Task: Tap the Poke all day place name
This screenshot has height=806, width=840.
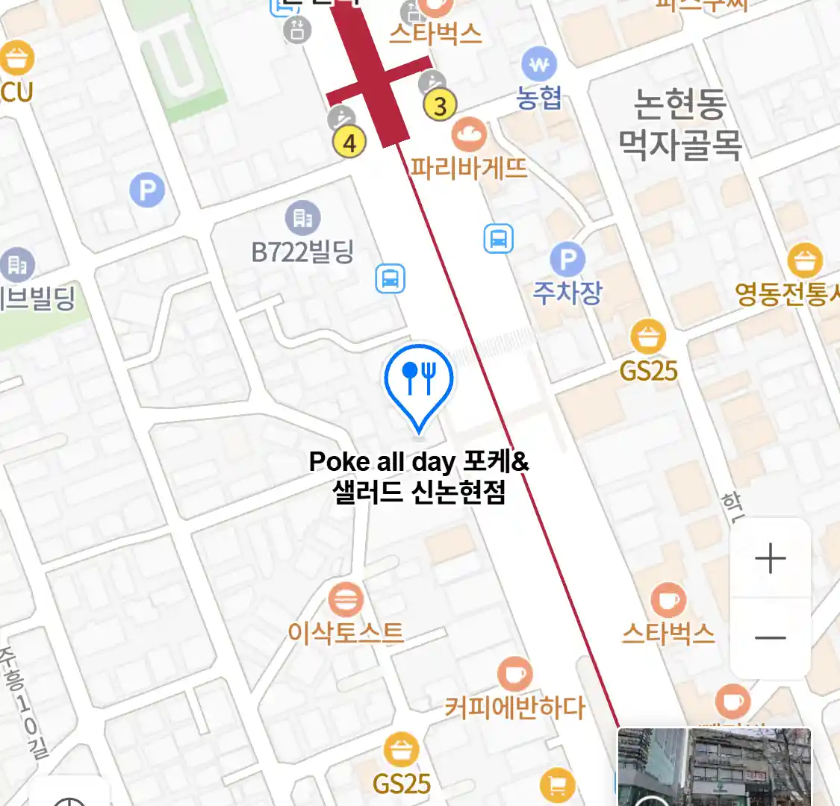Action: [x=419, y=476]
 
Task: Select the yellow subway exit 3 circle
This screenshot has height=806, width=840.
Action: [x=440, y=106]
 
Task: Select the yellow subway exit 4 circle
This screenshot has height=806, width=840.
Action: [x=349, y=142]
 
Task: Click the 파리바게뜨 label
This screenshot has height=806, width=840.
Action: [x=468, y=167]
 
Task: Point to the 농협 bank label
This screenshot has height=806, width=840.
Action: [x=538, y=98]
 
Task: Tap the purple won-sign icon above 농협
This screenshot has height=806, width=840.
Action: [x=539, y=64]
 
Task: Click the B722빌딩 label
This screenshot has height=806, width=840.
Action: [x=302, y=252]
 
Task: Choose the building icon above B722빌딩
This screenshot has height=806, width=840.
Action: [x=302, y=218]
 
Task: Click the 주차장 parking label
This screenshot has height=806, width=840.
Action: [x=567, y=292]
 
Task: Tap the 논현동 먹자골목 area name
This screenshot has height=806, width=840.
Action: [x=679, y=124]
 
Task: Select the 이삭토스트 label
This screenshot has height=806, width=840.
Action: [x=346, y=633]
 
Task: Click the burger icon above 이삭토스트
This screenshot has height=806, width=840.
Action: [x=345, y=599]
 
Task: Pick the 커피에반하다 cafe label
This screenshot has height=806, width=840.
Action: [x=514, y=707]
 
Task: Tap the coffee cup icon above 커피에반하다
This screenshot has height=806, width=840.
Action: [x=514, y=674]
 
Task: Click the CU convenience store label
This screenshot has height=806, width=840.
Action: [x=16, y=91]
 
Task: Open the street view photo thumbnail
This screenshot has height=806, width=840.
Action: [x=714, y=767]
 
